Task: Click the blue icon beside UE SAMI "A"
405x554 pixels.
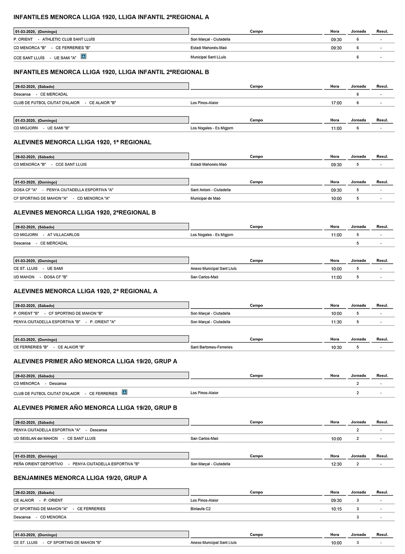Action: (83, 57)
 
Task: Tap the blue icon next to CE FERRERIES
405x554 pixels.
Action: (124, 392)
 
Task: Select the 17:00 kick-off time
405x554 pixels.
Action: (336, 103)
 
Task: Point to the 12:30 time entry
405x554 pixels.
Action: (336, 464)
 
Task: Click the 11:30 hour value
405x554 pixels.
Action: (336, 322)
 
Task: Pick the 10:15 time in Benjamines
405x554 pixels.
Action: (336, 509)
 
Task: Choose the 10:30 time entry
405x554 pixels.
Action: (336, 347)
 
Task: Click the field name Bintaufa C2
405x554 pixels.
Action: (200, 509)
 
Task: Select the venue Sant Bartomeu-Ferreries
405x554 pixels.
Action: (211, 347)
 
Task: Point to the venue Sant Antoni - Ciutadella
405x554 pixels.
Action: (211, 190)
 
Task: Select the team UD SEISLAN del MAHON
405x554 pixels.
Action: (36, 438)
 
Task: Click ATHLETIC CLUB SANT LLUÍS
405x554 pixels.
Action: (68, 39)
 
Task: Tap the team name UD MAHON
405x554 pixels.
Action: (24, 277)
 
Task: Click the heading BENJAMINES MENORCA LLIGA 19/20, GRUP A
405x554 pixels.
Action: (80, 478)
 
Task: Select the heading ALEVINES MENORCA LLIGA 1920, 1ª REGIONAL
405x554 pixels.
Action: (82, 142)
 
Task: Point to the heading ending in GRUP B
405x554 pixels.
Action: (95, 408)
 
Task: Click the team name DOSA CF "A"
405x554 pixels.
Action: (25, 190)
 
